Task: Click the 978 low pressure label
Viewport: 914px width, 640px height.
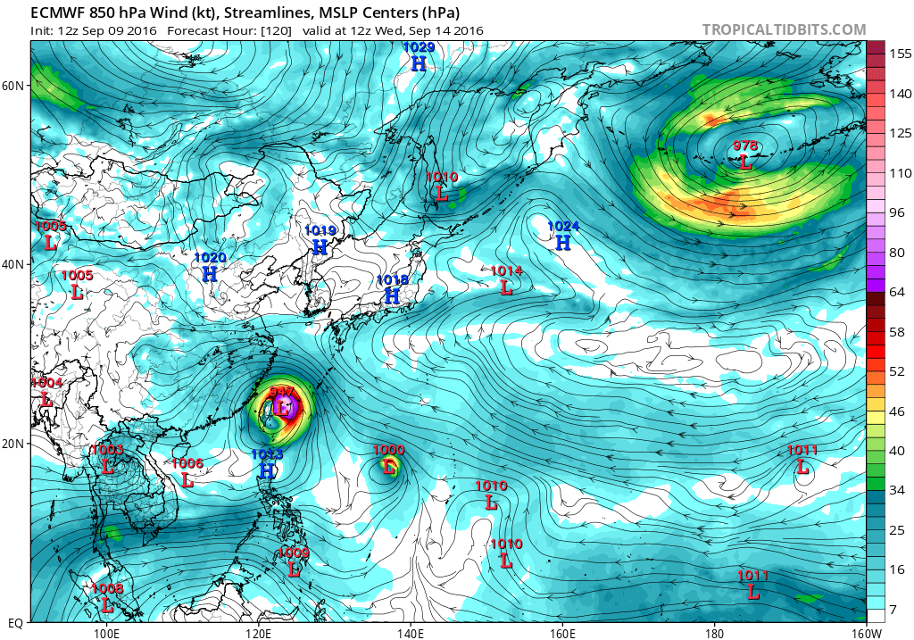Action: (745, 146)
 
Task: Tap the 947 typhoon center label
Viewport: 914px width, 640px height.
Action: (282, 392)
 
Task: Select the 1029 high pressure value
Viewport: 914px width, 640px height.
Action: (418, 46)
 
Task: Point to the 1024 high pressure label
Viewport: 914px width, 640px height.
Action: (562, 227)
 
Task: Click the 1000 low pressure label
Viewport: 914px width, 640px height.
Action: (389, 450)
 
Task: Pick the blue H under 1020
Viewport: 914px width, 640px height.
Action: (210, 274)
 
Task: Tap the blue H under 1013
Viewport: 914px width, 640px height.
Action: (266, 470)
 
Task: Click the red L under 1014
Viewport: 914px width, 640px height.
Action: (506, 287)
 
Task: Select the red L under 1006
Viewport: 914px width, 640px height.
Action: (187, 479)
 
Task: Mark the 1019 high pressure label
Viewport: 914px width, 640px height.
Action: (320, 230)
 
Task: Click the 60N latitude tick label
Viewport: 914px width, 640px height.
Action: (14, 86)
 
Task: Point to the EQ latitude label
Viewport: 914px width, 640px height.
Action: (14, 622)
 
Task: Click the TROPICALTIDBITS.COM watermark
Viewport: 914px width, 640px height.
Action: (784, 29)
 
